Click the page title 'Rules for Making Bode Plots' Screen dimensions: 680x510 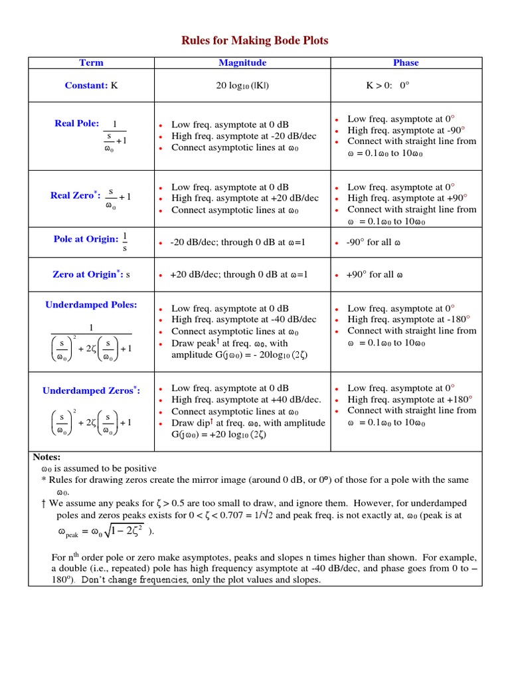[255, 41]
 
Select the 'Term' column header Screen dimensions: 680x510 [91, 62]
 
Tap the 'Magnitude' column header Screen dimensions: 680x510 [242, 62]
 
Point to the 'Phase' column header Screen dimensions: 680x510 [406, 62]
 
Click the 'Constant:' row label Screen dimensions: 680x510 [86, 86]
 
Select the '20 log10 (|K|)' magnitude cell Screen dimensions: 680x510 [242, 86]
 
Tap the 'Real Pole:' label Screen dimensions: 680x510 [76, 124]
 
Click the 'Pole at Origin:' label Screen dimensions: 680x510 [86, 239]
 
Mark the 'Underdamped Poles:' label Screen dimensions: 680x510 [91, 305]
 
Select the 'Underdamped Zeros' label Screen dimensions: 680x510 [91, 390]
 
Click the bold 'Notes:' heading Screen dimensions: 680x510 [46, 457]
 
